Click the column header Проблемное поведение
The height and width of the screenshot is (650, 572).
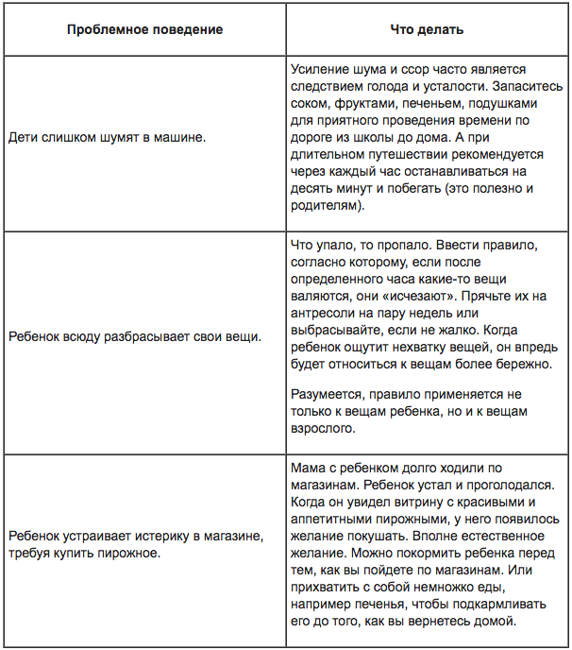(x=144, y=29)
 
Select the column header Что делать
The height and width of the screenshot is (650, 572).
(x=426, y=29)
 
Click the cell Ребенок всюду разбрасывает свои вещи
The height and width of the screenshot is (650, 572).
(x=134, y=335)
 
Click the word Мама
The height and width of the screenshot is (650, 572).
(x=307, y=468)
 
